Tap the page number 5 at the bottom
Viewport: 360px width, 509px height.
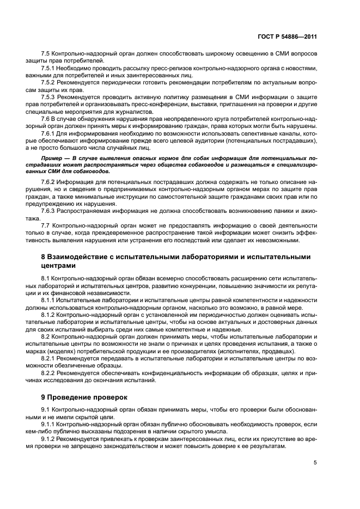(x=315, y=463)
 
